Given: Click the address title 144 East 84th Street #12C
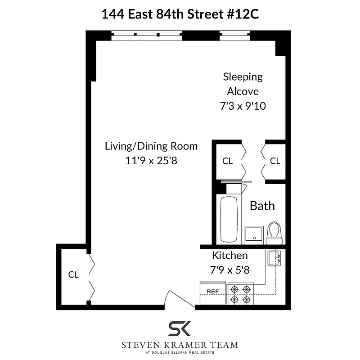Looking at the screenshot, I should [180, 14].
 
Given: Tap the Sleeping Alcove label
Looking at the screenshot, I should [243, 84].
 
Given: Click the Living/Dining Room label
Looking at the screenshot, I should [151, 146].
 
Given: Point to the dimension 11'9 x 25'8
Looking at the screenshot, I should [151, 161].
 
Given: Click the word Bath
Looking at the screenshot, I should [262, 206].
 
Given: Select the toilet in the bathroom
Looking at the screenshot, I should [273, 232].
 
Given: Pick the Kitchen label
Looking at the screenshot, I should [229, 256].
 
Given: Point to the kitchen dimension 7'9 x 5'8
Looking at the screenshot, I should [229, 270].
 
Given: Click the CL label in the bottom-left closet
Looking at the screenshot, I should [73, 274].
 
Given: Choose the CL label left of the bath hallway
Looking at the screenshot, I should [228, 161].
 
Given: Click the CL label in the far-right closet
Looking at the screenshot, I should [275, 161].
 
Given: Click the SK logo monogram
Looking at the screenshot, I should [180, 329].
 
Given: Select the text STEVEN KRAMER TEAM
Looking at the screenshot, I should [180, 345].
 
